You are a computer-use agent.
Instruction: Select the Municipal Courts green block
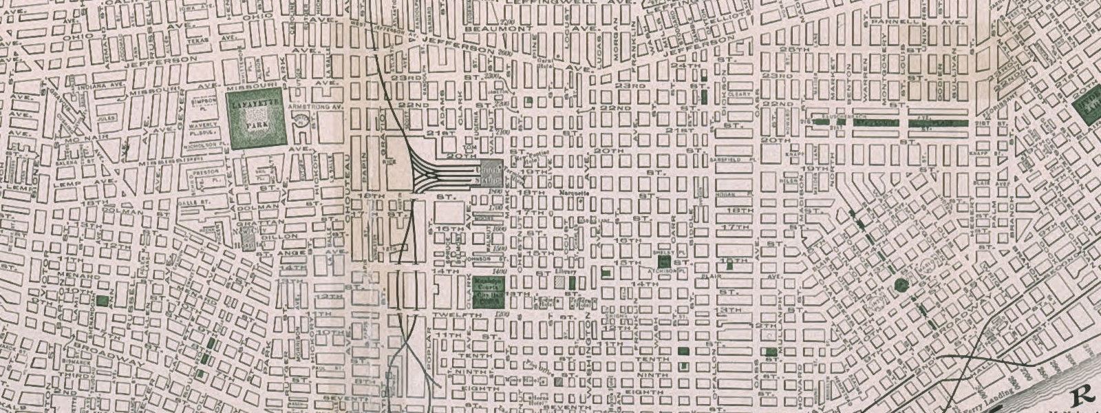(489, 291)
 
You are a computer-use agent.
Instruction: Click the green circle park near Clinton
(901, 284)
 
